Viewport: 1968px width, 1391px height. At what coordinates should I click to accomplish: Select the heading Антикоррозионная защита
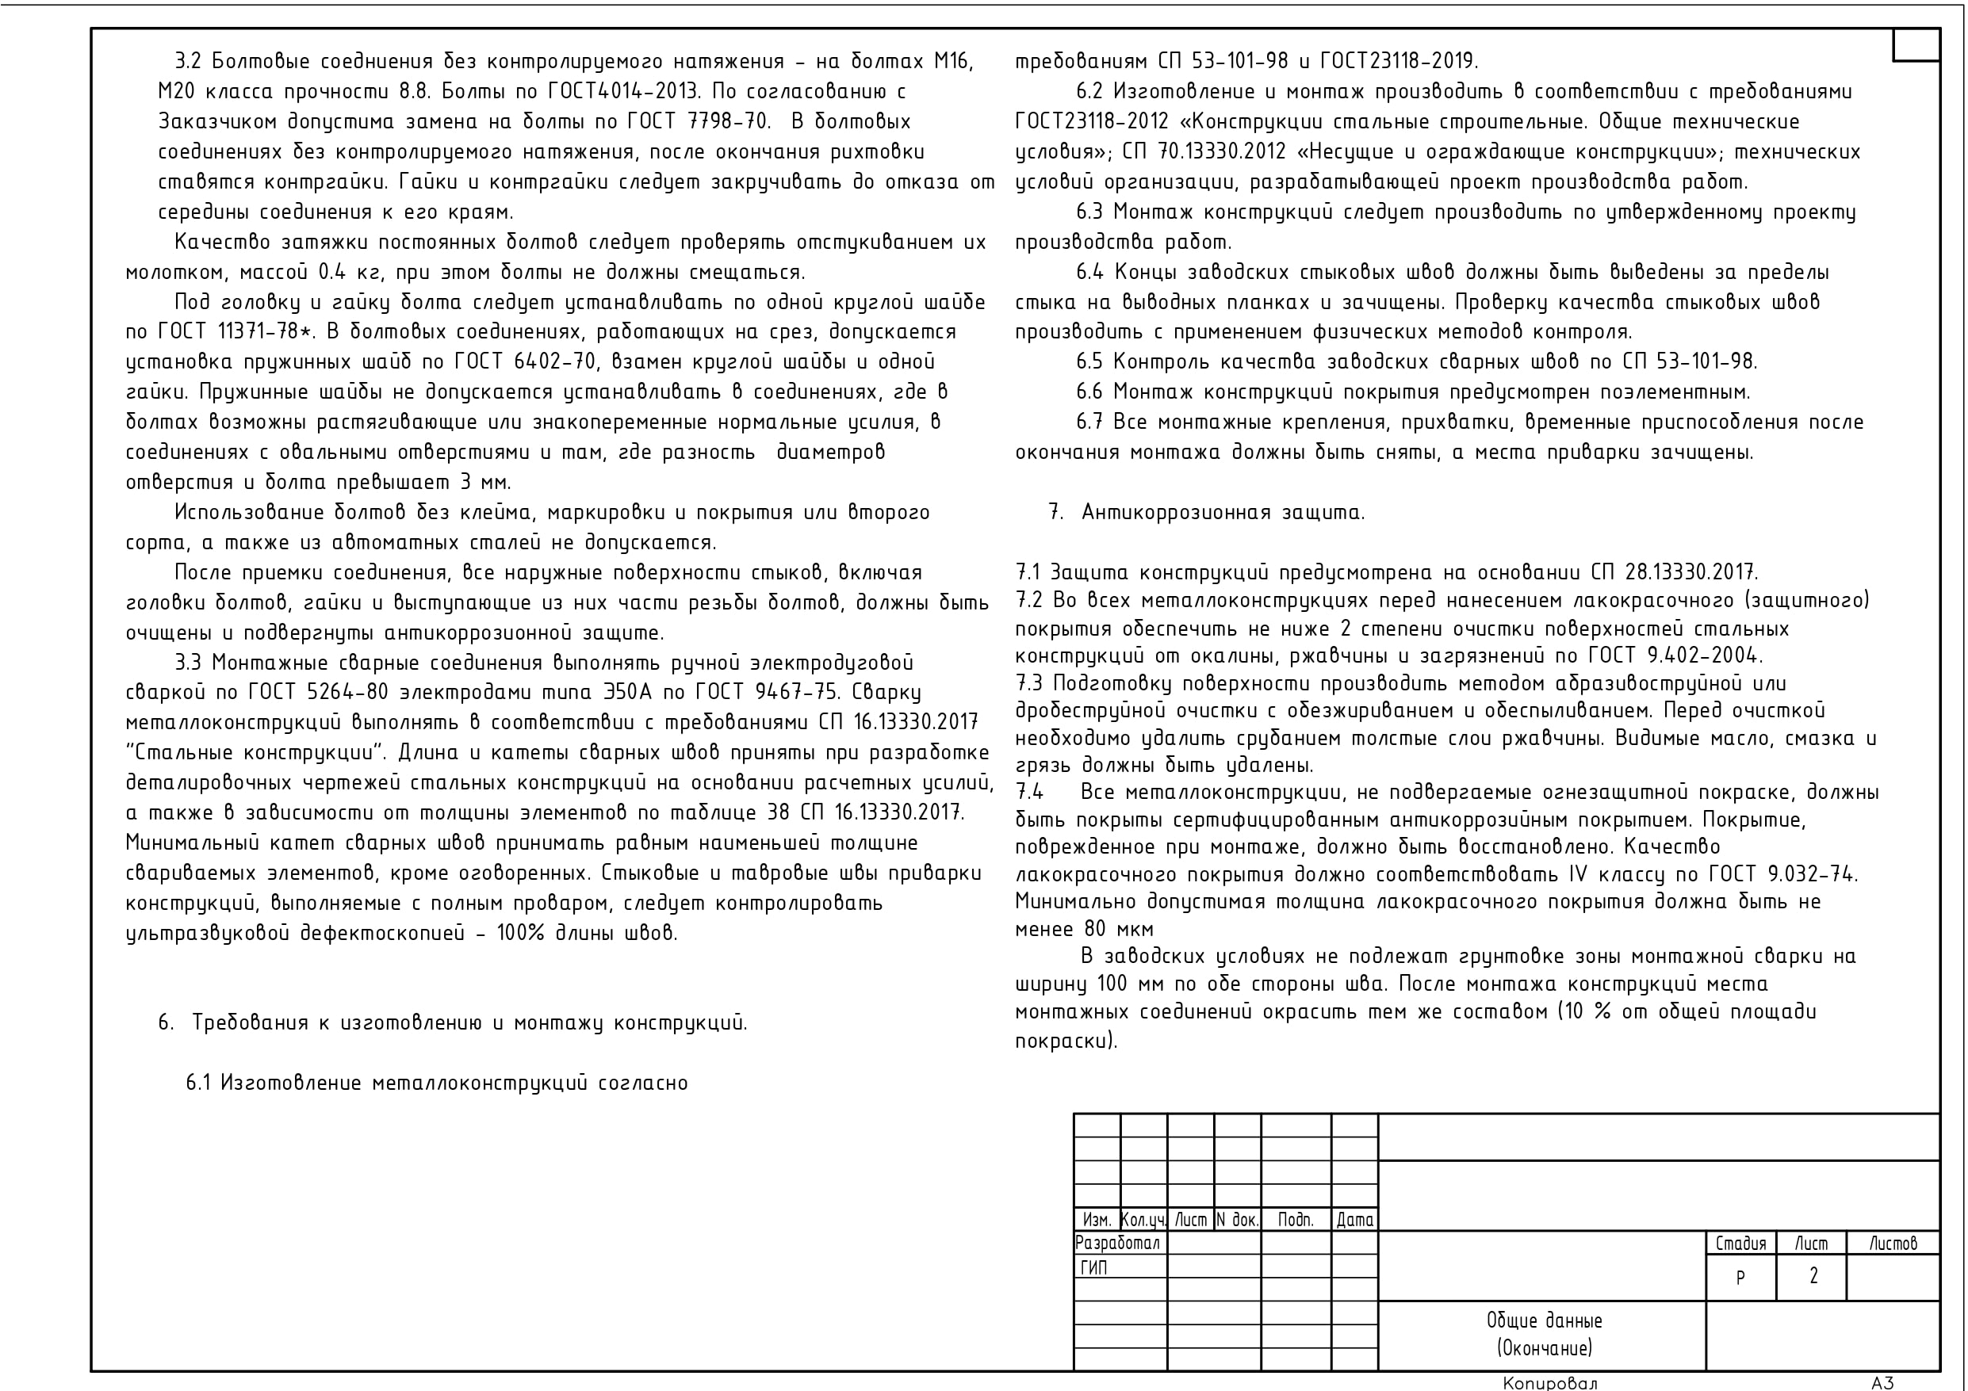[x=1223, y=513]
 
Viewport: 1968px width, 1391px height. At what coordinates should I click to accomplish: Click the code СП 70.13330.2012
[x=1204, y=152]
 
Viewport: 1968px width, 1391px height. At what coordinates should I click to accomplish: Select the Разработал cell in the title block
[x=1118, y=1243]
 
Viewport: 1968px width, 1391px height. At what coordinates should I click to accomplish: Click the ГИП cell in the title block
[x=1093, y=1267]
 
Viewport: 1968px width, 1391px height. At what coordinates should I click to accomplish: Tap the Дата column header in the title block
[x=1354, y=1220]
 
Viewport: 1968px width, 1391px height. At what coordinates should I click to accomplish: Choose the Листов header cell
[x=1893, y=1243]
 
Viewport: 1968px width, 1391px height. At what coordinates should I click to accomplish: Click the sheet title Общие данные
[x=1544, y=1320]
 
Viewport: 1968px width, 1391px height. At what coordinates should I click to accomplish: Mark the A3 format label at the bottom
[x=1882, y=1382]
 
